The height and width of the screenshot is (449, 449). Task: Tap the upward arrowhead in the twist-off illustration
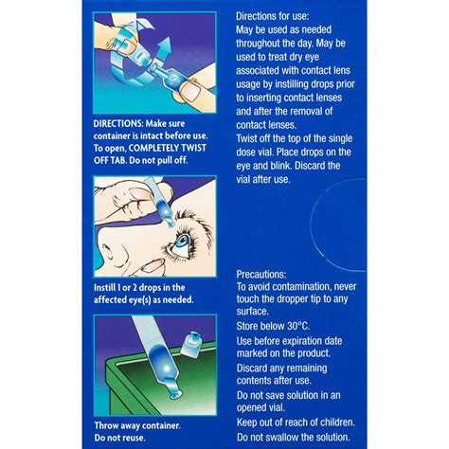[154, 45]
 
